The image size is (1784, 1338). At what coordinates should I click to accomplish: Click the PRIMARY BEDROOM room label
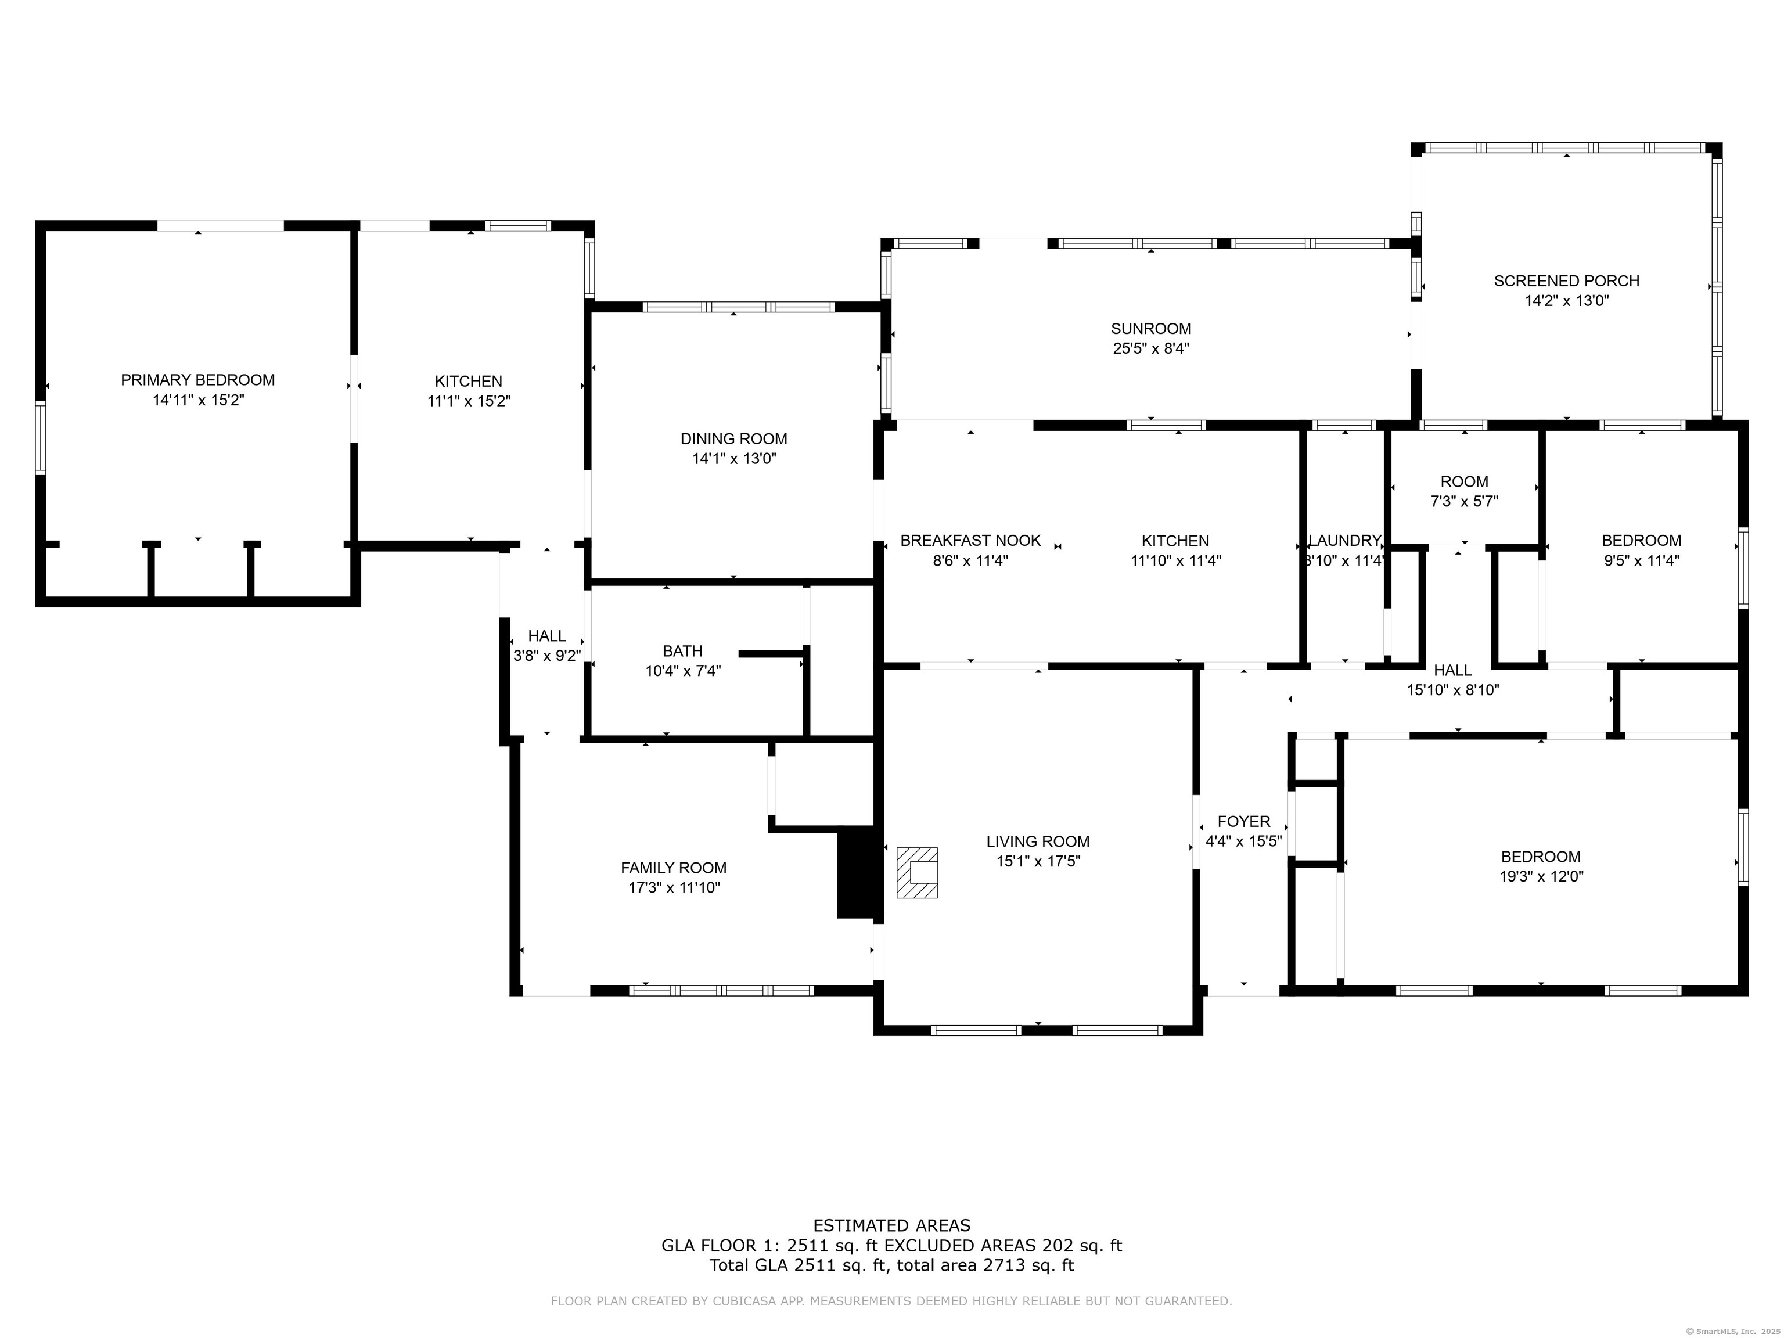click(197, 380)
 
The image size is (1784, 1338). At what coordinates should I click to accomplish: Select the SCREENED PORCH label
click(1566, 280)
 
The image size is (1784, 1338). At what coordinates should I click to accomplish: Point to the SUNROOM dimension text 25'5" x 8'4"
click(1151, 348)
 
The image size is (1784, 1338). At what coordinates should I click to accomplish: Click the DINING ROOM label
click(734, 439)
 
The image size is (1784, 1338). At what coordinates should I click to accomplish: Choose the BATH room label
click(682, 651)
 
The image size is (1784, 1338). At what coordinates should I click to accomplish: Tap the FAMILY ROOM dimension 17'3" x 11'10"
click(674, 888)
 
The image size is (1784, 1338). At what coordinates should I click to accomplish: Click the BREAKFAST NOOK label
click(970, 540)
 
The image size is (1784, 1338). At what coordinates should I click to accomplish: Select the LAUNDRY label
click(1344, 540)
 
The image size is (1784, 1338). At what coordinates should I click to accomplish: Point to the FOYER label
click(1244, 821)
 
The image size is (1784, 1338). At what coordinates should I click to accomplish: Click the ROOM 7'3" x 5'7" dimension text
click(1465, 501)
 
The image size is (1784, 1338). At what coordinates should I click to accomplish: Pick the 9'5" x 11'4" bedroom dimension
click(1641, 560)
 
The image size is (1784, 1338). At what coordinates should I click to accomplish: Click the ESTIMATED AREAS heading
click(892, 1226)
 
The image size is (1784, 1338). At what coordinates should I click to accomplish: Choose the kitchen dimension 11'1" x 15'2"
click(469, 401)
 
